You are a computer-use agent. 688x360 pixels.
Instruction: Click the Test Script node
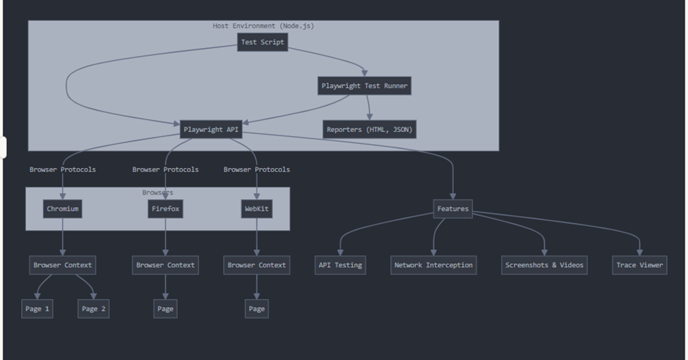pos(262,42)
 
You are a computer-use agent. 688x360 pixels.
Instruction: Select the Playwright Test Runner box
pos(364,86)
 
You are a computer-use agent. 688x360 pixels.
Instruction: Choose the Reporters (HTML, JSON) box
pos(370,130)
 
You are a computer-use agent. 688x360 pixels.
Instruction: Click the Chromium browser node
pos(63,209)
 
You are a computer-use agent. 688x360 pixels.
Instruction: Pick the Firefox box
pos(166,209)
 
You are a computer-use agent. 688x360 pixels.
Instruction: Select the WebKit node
pos(256,209)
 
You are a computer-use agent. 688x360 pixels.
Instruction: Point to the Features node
pos(452,209)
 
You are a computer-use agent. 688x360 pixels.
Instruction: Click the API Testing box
pos(339,265)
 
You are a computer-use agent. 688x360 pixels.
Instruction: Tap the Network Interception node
pos(433,265)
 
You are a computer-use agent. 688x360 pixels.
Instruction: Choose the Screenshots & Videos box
pos(544,265)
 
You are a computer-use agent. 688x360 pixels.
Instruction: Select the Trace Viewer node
pos(639,265)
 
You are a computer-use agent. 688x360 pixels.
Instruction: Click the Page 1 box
pos(37,309)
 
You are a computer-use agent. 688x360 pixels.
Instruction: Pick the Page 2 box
pos(94,309)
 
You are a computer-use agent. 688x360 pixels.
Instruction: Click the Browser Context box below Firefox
pos(166,265)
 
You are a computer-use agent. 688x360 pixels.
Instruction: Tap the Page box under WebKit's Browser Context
pos(256,309)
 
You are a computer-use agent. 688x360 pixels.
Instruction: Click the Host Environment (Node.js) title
pos(263,26)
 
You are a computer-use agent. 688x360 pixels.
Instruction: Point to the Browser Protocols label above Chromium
pos(63,169)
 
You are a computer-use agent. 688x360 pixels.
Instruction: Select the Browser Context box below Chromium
pos(63,265)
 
